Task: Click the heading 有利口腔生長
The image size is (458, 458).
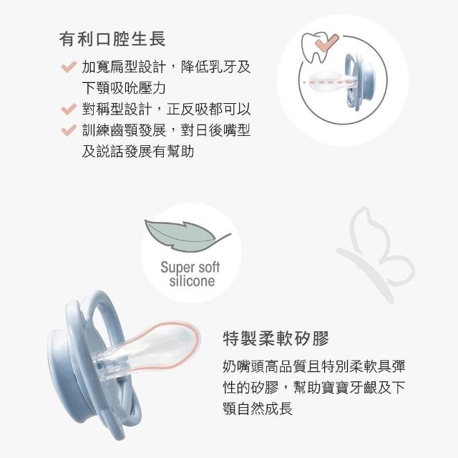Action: [112, 39]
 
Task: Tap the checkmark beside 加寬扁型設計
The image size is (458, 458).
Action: [69, 67]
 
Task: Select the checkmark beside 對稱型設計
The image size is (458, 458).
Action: [69, 109]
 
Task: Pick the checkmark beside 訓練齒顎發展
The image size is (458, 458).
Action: [69, 130]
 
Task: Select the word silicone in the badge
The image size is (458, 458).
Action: [192, 281]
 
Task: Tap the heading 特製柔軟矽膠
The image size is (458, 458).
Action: [276, 338]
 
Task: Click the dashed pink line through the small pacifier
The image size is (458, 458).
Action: [329, 83]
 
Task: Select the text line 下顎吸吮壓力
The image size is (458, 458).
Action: [124, 88]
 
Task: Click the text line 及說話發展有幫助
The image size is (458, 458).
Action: [138, 152]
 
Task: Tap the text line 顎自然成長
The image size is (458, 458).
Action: [258, 409]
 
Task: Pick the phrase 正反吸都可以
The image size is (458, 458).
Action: [208, 109]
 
